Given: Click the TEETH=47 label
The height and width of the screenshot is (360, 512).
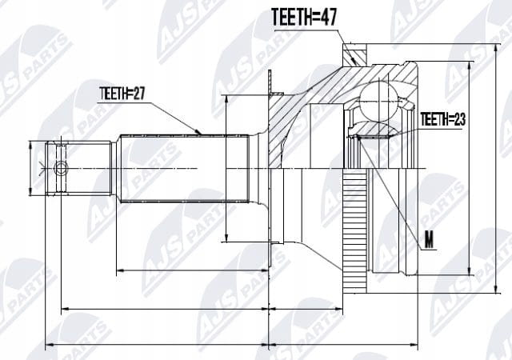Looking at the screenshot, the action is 304,18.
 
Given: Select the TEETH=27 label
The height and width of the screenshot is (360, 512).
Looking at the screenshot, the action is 122,94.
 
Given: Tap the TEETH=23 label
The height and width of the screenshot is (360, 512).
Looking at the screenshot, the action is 442,119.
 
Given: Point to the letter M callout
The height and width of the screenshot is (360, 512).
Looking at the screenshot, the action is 429,242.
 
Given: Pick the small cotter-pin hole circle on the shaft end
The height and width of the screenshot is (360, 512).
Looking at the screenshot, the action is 61,169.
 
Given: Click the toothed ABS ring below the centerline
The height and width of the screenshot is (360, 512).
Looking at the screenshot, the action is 354,231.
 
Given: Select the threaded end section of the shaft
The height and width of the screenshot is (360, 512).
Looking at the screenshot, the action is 78,169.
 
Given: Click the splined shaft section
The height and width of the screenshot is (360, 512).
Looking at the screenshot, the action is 185,169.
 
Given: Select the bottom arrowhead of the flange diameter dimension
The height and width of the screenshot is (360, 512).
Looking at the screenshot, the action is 226,238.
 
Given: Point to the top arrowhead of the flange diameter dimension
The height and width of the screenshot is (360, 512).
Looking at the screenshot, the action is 226,99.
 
